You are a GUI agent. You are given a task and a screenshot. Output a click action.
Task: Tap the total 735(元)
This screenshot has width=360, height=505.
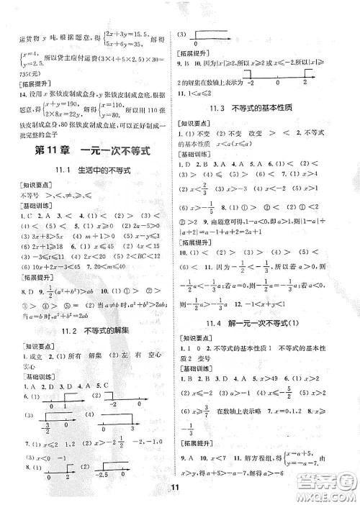click(30, 74)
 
